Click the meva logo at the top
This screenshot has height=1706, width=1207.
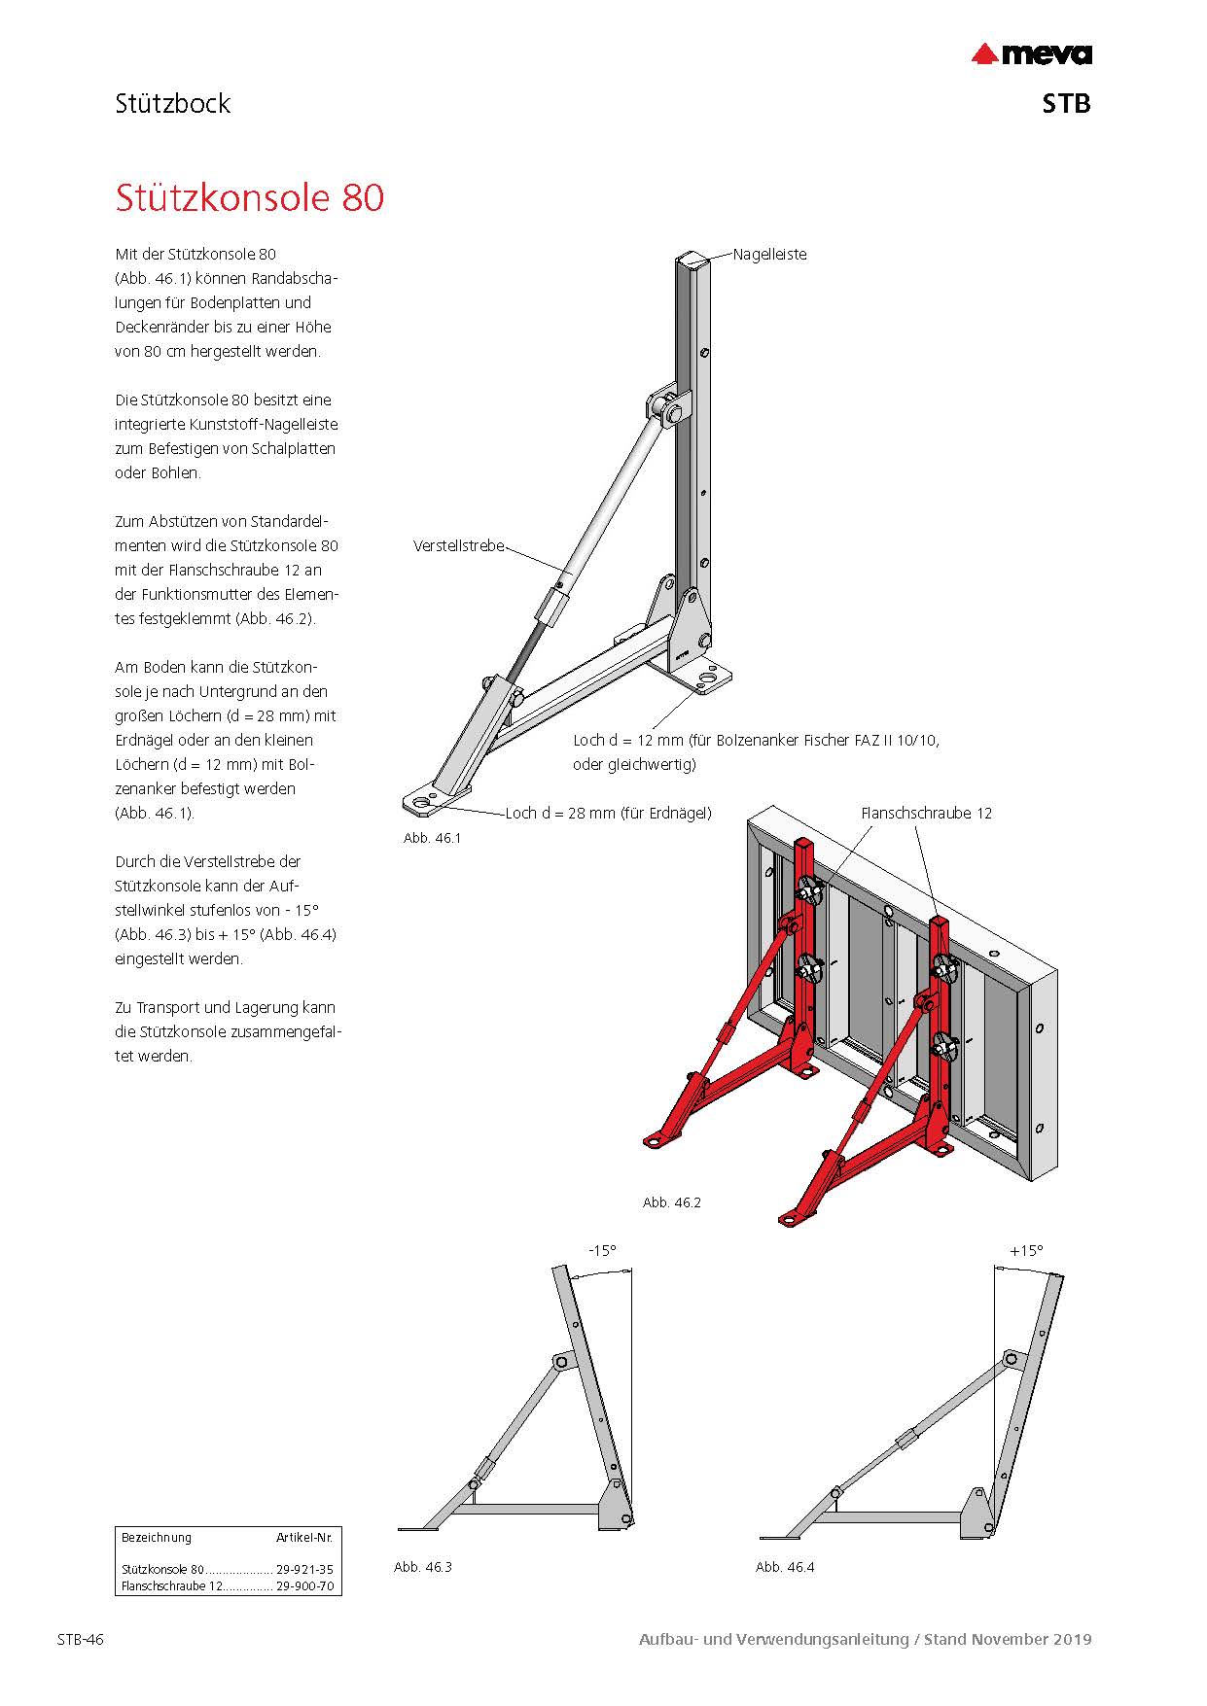pyautogui.click(x=1032, y=54)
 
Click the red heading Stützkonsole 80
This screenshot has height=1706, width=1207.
pyautogui.click(x=250, y=197)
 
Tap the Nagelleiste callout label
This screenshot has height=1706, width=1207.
pyautogui.click(x=769, y=255)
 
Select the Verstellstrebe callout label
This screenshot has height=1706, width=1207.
pyautogui.click(x=459, y=546)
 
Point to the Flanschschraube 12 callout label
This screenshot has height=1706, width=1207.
pyautogui.click(x=926, y=814)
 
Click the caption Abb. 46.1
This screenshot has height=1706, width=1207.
pyautogui.click(x=432, y=838)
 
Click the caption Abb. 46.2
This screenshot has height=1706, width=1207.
pyautogui.click(x=671, y=1202)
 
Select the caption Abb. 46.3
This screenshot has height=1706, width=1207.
pyautogui.click(x=422, y=1567)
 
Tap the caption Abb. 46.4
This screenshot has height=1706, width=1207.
pyautogui.click(x=785, y=1567)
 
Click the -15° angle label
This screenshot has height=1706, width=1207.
pyautogui.click(x=602, y=1251)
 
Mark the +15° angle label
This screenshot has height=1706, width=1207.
pyautogui.click(x=1026, y=1251)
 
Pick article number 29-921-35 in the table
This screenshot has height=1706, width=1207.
pyautogui.click(x=304, y=1569)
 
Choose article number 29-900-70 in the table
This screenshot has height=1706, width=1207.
pyautogui.click(x=304, y=1585)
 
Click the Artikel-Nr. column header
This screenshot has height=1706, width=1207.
pyautogui.click(x=304, y=1538)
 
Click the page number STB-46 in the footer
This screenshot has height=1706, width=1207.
pyautogui.click(x=80, y=1640)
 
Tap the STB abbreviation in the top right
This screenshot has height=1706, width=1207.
pyautogui.click(x=1066, y=104)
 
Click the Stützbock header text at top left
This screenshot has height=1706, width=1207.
pyautogui.click(x=172, y=104)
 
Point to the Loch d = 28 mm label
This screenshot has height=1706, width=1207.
pyautogui.click(x=608, y=814)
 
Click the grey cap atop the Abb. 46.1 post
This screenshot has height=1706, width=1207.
pyautogui.click(x=692, y=259)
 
